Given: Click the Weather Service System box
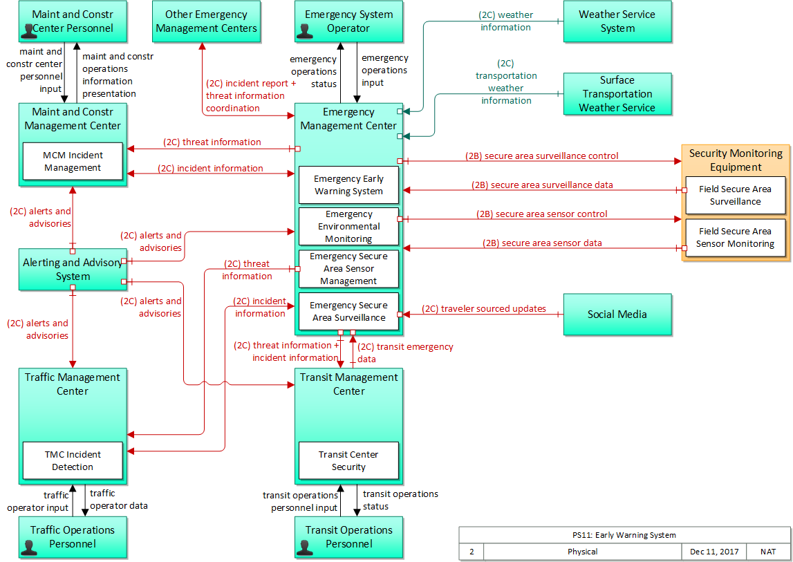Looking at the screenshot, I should [x=617, y=21].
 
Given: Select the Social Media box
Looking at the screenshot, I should [x=617, y=315].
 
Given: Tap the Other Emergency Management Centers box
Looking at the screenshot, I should [x=206, y=21].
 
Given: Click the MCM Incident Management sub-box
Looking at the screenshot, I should [x=73, y=162].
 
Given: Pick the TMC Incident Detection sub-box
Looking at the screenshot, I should [x=73, y=460].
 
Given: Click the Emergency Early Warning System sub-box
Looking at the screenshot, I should [x=348, y=185].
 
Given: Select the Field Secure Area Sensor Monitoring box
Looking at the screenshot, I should [x=735, y=238].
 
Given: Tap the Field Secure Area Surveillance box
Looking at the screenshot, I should [x=735, y=196].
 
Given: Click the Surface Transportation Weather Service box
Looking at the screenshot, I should [x=617, y=94].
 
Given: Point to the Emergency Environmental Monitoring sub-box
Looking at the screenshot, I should [x=348, y=226].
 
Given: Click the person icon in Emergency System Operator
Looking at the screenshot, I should [x=304, y=30].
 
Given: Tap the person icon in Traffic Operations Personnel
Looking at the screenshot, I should [x=29, y=547].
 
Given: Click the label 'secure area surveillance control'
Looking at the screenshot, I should [x=541, y=156].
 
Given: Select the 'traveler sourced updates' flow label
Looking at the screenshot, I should [x=484, y=309].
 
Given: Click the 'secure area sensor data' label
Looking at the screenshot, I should [x=542, y=243].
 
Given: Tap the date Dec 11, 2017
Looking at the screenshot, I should [x=714, y=552].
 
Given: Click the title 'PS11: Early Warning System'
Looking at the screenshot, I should [x=624, y=535].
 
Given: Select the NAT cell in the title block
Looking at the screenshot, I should [x=768, y=552].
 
